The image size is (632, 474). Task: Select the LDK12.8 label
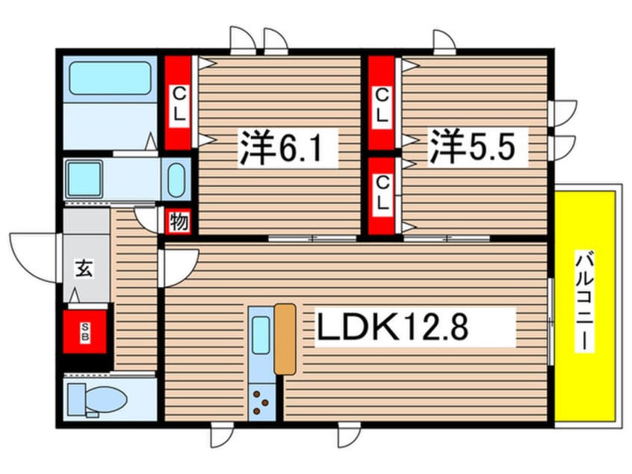(416, 327)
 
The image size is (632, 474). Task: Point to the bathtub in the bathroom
(111, 79)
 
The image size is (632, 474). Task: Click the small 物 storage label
(179, 222)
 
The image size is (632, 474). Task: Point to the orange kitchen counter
(285, 338)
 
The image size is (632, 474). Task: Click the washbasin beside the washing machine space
(177, 180)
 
